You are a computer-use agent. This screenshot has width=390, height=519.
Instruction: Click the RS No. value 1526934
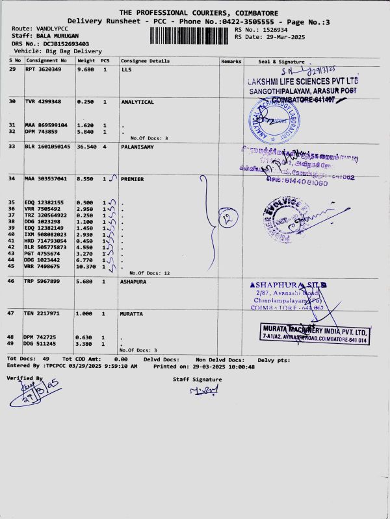tap(274, 29)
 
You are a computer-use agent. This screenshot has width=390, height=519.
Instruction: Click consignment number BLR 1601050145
tap(47, 146)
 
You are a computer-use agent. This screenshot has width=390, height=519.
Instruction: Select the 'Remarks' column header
tap(231, 61)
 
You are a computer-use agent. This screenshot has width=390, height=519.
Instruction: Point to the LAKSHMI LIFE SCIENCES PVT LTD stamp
tap(302, 86)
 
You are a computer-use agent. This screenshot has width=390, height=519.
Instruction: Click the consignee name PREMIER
tap(133, 178)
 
